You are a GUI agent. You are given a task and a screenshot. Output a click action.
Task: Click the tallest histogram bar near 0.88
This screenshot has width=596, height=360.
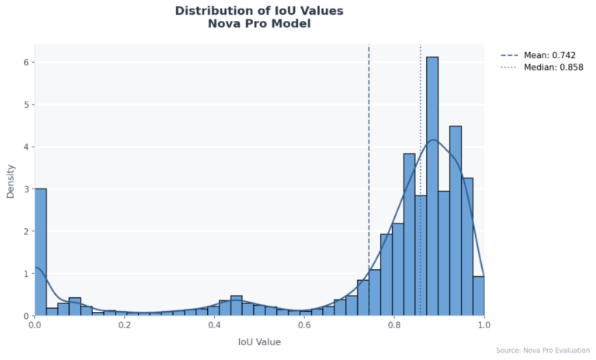[x=432, y=186]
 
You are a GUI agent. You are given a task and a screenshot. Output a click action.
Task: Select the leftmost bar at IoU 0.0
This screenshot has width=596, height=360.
[x=40, y=252]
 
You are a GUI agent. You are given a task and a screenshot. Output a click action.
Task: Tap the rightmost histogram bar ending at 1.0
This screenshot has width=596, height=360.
[x=478, y=296]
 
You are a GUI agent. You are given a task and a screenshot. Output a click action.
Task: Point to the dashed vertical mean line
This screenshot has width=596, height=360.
[x=369, y=155]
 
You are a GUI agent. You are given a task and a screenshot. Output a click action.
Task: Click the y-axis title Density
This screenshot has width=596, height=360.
[x=11, y=180]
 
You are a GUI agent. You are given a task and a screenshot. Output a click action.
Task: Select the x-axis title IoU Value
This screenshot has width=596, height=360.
[x=259, y=342]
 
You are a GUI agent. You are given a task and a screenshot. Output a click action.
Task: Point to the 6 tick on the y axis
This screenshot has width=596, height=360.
[x=25, y=62]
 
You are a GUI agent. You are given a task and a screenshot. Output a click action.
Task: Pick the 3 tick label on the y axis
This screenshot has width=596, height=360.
[x=25, y=189]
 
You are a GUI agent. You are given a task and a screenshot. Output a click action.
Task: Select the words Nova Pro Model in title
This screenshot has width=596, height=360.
[x=259, y=24]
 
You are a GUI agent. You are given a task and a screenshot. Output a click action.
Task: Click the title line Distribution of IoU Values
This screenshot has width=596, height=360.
[x=259, y=11]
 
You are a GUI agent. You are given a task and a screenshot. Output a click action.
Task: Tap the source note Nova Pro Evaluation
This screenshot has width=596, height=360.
[x=542, y=351]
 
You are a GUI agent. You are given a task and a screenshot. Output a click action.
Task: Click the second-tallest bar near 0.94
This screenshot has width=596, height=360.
[x=456, y=221]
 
